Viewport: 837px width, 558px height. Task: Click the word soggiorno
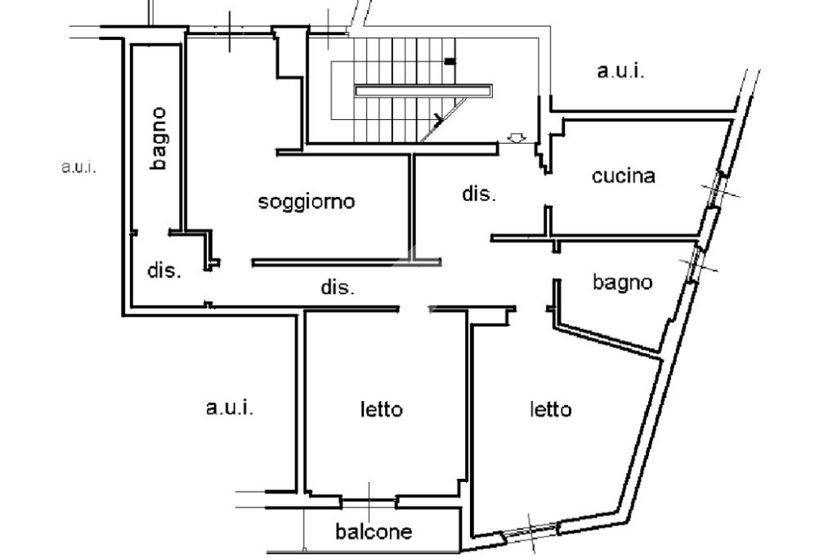tap(306, 202)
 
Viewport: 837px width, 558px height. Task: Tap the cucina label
tap(623, 176)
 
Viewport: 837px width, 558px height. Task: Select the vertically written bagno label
tap(159, 139)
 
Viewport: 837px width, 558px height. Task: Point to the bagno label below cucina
tap(622, 283)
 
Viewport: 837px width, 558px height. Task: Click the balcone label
tap(374, 531)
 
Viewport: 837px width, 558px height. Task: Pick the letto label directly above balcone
tap(381, 409)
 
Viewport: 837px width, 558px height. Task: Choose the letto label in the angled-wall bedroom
tap(550, 409)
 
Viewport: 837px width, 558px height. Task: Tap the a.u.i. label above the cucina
tap(620, 71)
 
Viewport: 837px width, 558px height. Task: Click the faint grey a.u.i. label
tap(78, 167)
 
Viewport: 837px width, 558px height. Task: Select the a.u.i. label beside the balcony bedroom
tap(230, 408)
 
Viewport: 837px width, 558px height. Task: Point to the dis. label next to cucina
tap(479, 194)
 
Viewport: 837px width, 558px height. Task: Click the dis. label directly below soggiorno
tap(338, 288)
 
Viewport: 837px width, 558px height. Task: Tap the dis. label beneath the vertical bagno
tap(163, 270)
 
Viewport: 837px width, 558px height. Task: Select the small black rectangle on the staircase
tap(450, 62)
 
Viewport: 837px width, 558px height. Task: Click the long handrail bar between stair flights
tap(423, 91)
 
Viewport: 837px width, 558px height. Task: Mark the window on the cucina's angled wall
tap(714, 191)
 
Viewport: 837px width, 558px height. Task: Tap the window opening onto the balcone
tap(369, 502)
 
